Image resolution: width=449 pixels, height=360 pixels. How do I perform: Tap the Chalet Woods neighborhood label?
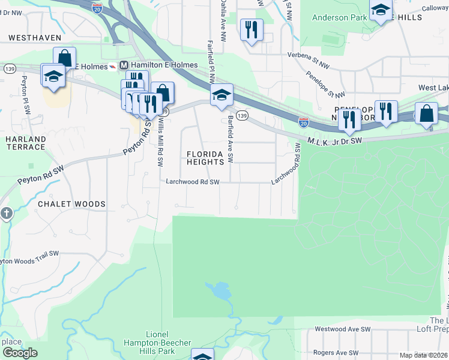tap(71, 204)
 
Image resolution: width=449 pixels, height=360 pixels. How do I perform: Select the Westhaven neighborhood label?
tap(35, 37)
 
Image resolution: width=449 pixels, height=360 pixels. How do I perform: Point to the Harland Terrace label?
tap(25, 143)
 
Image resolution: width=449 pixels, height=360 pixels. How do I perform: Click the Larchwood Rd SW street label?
tap(193, 182)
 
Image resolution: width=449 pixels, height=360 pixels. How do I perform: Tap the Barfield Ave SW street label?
tap(230, 139)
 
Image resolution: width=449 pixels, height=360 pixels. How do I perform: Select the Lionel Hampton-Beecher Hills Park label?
tap(168, 343)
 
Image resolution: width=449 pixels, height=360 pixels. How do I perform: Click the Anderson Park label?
tap(339, 18)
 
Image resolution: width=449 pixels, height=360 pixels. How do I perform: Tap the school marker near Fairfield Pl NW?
tap(221, 95)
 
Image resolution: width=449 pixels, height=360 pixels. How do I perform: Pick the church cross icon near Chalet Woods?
tap(6, 214)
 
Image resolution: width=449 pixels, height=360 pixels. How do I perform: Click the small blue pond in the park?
tap(217, 292)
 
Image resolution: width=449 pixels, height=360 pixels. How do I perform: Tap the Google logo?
tap(20, 353)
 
